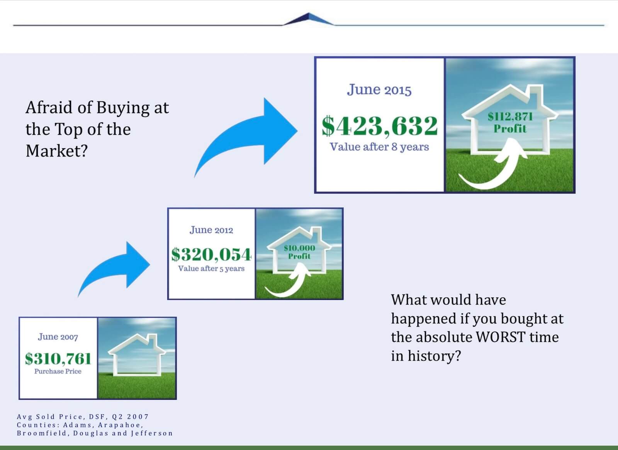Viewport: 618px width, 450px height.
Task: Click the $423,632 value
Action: pos(380,126)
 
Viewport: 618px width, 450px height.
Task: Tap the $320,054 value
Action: pos(211,254)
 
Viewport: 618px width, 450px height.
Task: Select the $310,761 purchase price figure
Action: pos(58,359)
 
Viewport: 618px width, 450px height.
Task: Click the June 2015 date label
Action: pos(379,90)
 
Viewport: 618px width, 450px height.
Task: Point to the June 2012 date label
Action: pos(211,230)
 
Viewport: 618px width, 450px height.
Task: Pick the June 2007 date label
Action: pos(58,337)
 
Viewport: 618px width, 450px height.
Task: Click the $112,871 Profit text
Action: pos(510,122)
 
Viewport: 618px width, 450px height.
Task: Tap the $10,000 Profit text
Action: pos(299,252)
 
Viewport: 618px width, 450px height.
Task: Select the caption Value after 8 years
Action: pos(379,147)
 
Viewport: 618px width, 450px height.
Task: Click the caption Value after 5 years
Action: pos(211,269)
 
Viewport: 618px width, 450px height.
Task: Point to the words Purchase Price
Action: pos(58,371)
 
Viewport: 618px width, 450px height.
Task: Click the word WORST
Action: pos(501,337)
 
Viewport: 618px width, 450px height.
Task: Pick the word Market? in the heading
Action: pos(57,151)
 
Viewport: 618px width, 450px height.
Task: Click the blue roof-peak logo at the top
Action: pos(309,19)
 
